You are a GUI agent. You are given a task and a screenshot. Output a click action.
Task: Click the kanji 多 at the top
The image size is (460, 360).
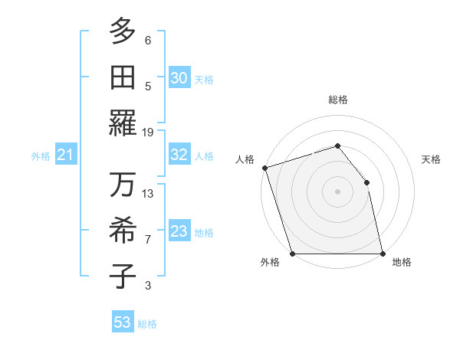coord(123,31)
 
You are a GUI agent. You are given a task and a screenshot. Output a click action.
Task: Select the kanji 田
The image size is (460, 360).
coord(123,77)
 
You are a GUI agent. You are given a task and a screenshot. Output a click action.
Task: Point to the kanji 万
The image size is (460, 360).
coord(123,186)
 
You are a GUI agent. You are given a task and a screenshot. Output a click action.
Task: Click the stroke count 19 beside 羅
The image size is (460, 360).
coord(148,132)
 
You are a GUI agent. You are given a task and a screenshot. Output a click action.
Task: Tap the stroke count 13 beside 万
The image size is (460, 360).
coord(148,194)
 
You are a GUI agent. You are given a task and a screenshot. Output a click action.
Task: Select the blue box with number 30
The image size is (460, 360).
coord(179,78)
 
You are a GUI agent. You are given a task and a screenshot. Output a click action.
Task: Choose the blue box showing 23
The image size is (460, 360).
coord(179,232)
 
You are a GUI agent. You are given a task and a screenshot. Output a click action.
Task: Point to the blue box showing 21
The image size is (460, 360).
coord(65,156)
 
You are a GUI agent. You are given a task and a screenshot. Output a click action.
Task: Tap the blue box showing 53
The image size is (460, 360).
coord(123,322)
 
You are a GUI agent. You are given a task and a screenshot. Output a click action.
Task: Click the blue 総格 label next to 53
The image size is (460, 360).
coord(147,324)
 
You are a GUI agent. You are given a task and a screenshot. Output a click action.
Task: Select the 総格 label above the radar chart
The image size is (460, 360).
coord(337,100)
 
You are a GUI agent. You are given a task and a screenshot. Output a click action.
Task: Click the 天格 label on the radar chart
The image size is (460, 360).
coord(431,159)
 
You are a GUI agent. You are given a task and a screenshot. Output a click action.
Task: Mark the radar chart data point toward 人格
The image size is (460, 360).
coord(264,168)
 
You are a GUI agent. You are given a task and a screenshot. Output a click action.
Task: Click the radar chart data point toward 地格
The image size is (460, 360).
coord(382,254)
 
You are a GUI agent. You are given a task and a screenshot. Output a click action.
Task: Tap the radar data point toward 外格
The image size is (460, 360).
coord(292,254)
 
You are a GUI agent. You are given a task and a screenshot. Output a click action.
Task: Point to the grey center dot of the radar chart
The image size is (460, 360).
coord(337,191)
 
